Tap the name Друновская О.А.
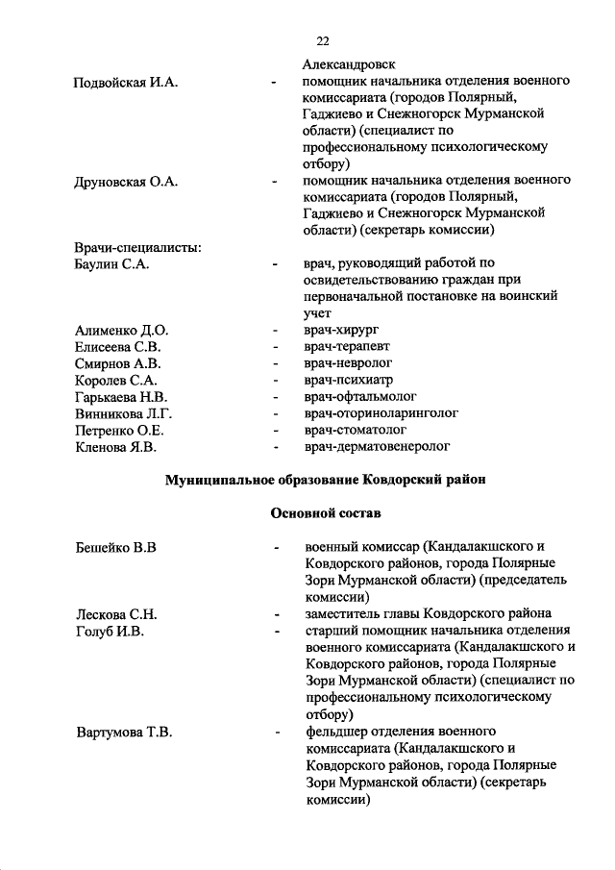coord(125,181)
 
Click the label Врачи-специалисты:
coord(137,247)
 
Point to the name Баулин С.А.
coord(111,263)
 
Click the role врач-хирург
coord(339,330)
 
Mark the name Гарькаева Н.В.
coord(121,396)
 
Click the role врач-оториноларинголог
coord(381,413)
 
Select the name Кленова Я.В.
coord(115,446)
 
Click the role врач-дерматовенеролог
coord(377,446)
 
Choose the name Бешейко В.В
coord(115,547)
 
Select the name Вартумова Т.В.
coord(124,733)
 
